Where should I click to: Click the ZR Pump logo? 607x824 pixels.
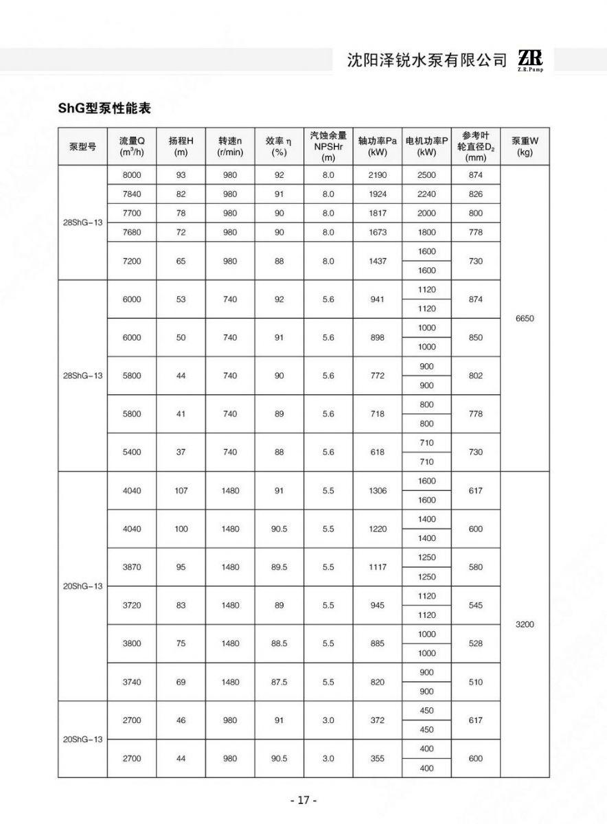click(530, 60)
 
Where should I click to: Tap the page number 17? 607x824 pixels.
click(303, 800)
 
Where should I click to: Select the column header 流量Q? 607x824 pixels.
click(132, 146)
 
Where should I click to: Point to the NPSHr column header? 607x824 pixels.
click(328, 146)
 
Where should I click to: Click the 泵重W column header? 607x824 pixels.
click(525, 146)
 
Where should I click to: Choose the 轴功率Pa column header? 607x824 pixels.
click(378, 146)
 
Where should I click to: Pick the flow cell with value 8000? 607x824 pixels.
click(132, 175)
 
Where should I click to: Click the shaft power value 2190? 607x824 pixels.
click(378, 175)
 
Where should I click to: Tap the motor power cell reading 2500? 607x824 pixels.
click(426, 175)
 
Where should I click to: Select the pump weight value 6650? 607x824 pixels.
click(525, 319)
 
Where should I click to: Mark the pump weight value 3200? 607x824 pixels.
click(525, 625)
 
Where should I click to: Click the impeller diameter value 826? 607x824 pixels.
click(476, 194)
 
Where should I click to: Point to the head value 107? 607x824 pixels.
click(181, 491)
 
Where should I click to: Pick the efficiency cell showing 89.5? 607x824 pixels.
click(279, 567)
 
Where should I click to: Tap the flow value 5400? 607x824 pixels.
click(132, 452)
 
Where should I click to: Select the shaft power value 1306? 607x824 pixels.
click(378, 491)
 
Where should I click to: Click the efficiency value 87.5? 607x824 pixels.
click(279, 682)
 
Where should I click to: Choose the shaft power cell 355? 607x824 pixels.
click(378, 759)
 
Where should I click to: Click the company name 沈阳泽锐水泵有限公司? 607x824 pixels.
click(427, 60)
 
